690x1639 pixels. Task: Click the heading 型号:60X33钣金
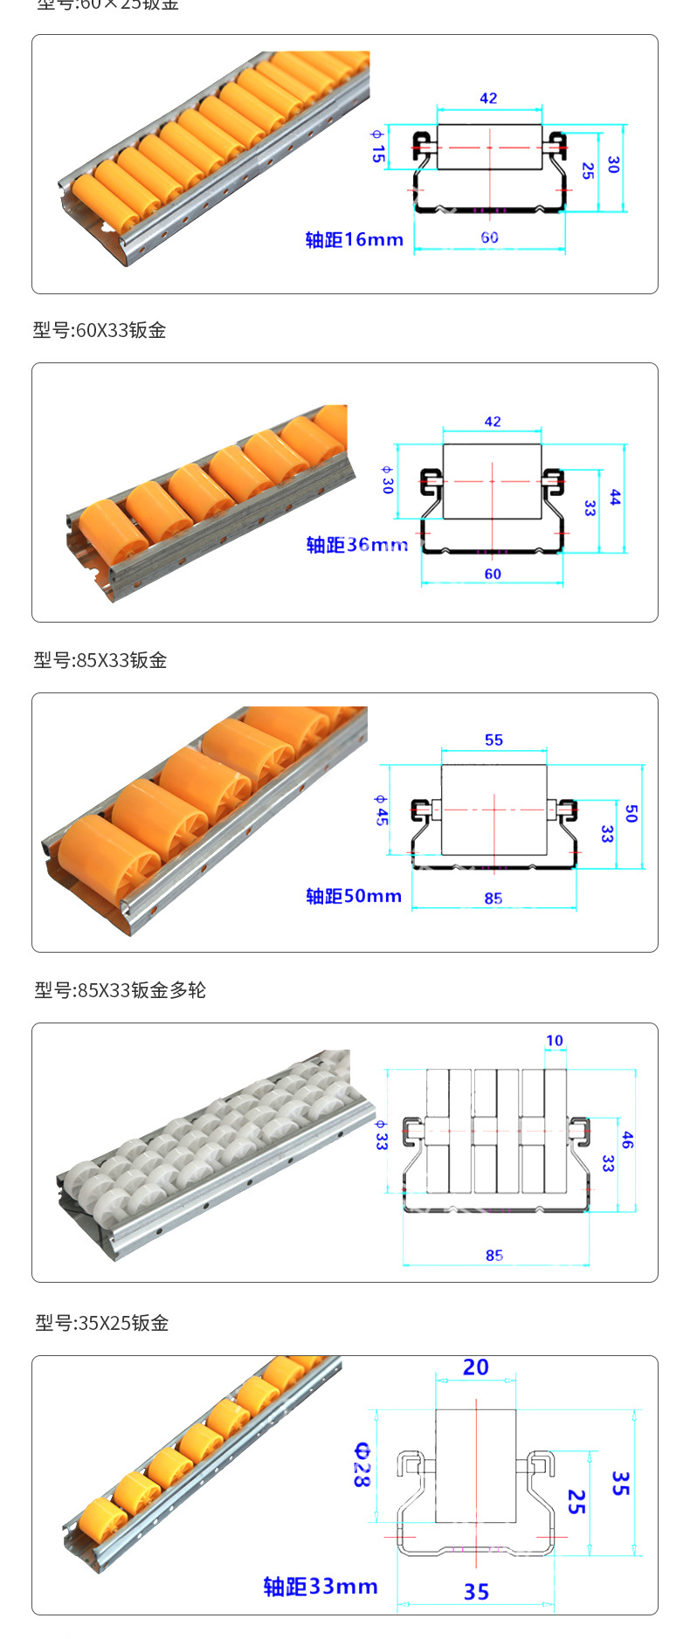click(x=100, y=330)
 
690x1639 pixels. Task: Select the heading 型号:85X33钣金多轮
click(x=120, y=990)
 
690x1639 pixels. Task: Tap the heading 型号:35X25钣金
click(x=101, y=1323)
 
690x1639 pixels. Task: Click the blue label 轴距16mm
click(x=354, y=239)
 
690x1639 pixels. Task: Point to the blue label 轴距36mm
click(x=356, y=545)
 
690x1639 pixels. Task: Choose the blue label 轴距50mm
click(x=353, y=896)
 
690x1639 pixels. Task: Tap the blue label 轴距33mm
click(x=321, y=1587)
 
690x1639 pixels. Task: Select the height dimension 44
click(x=615, y=498)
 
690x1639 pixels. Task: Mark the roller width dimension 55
click(x=493, y=740)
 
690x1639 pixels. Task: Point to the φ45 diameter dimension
click(x=381, y=811)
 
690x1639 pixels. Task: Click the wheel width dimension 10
click(x=555, y=1040)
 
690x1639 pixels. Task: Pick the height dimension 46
click(x=627, y=1140)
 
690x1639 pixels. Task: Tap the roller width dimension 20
click(x=475, y=1367)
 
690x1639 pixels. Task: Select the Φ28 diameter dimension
click(x=362, y=1464)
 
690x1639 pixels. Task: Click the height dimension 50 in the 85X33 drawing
click(x=631, y=814)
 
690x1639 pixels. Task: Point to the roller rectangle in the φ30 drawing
click(x=492, y=481)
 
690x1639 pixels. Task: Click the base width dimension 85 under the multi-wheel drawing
click(x=494, y=1255)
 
